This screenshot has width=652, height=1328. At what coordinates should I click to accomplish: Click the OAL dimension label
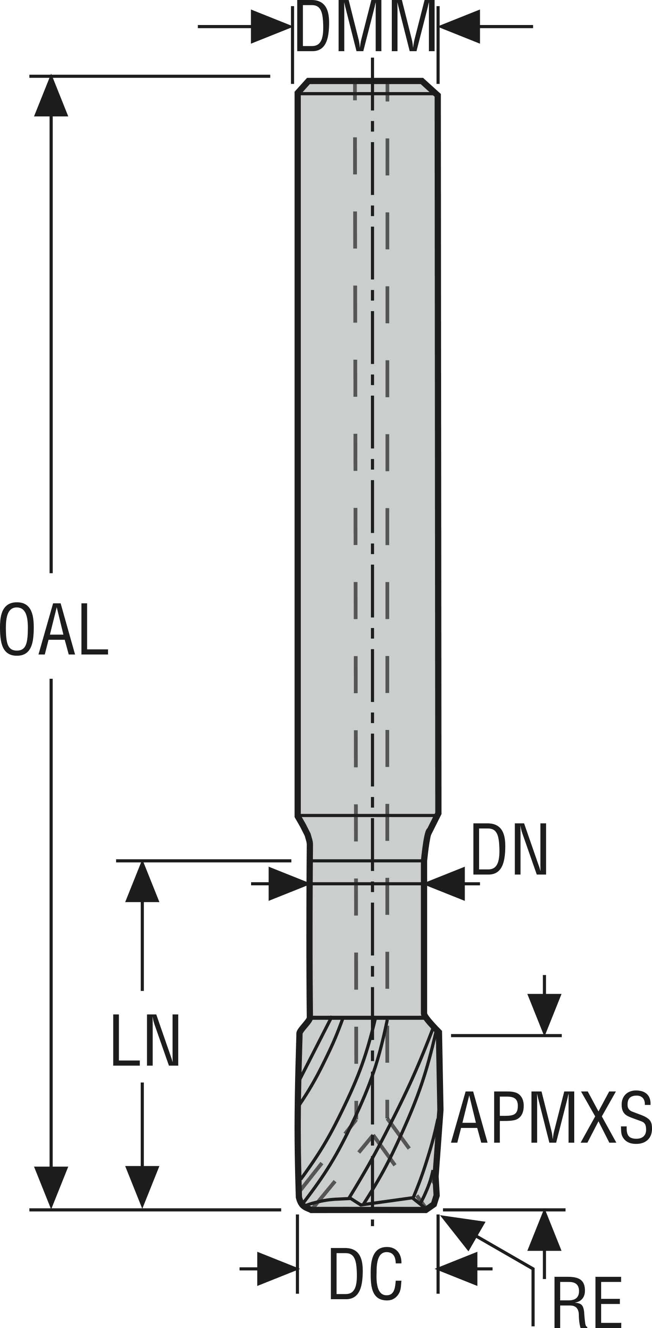point(53,629)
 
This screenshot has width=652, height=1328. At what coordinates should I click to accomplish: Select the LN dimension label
point(146,1040)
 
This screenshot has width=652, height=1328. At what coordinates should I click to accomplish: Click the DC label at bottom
point(365,1273)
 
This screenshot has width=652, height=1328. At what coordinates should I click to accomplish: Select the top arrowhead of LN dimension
point(142,883)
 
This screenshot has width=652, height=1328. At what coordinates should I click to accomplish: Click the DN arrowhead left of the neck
point(287,883)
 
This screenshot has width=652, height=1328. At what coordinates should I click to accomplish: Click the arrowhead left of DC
point(277,1268)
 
